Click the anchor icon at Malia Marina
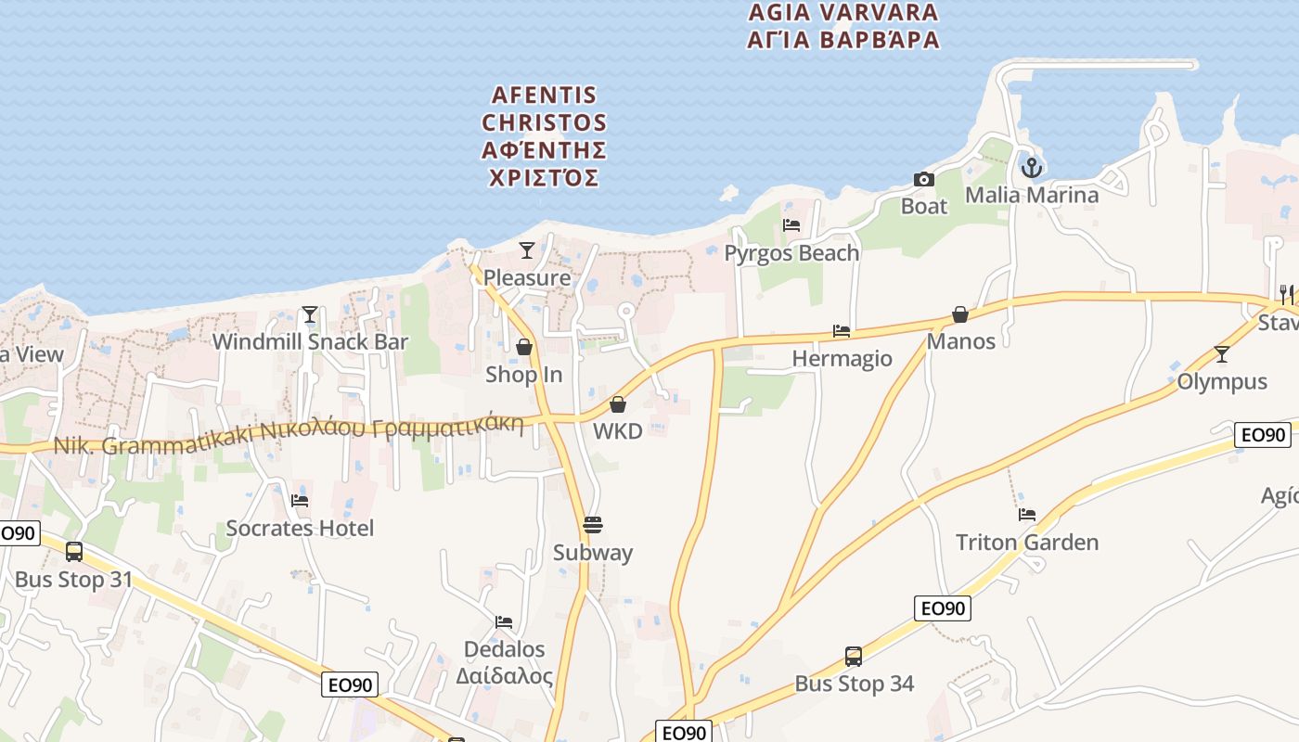pos(1031,168)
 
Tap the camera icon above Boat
pos(924,179)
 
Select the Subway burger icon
pos(593,525)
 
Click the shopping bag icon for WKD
pos(618,404)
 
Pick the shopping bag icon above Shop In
pos(524,347)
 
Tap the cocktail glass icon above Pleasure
pos(527,249)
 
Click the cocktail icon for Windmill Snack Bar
pos(310,314)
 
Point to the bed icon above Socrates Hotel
pos(300,501)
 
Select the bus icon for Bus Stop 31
pos(74,552)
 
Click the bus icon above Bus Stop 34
pos(854,657)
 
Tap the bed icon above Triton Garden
pos(1027,515)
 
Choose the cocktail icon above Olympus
pos(1222,354)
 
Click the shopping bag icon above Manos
pos(960,314)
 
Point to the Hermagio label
pos(842,358)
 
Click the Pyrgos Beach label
pos(791,252)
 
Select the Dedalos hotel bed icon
pos(504,621)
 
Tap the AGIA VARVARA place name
pos(843,26)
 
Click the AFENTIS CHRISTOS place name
pos(545,135)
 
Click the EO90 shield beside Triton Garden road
pos(944,608)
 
